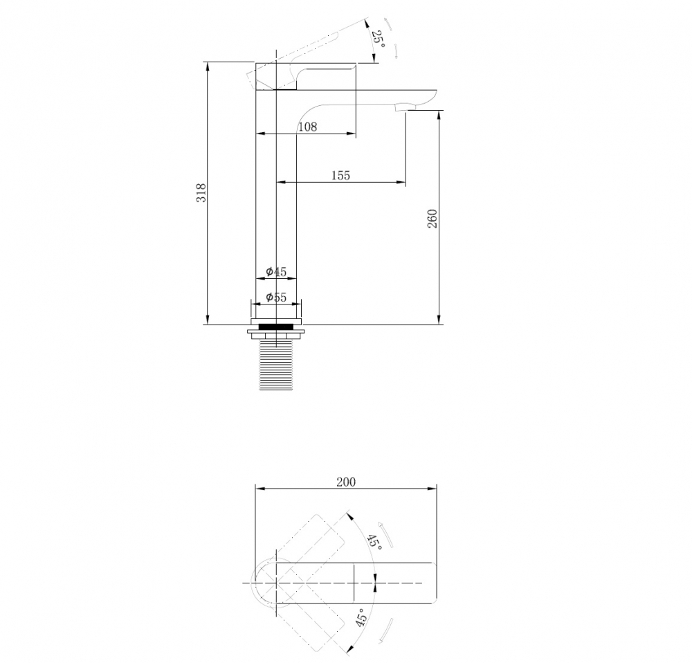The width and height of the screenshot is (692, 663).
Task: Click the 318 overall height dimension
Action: [201, 192]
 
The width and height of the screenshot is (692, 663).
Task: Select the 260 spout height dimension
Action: [432, 219]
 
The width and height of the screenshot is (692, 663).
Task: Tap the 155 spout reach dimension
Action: [340, 176]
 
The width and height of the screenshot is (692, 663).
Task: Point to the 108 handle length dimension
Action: [308, 127]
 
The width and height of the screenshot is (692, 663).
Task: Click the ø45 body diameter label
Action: [276, 271]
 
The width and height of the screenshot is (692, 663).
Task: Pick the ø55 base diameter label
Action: [276, 297]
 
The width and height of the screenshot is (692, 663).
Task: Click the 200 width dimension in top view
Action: [345, 482]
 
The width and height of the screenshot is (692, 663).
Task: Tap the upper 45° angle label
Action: [374, 542]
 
